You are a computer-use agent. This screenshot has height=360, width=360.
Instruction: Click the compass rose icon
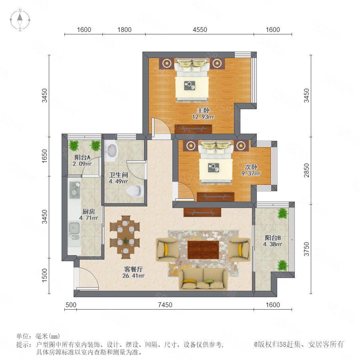[x=20, y=20]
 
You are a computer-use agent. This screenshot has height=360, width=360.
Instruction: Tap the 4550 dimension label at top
[x=200, y=30]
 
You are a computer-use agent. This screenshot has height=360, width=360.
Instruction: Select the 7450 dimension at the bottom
[x=165, y=305]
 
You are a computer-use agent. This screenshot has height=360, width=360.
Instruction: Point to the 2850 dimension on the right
[x=307, y=170]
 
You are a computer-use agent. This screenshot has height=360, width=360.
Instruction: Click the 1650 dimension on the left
[x=44, y=156]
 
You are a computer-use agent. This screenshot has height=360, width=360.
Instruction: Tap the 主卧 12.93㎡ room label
[x=203, y=114]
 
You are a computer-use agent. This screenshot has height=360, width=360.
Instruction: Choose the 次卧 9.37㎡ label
[x=251, y=170]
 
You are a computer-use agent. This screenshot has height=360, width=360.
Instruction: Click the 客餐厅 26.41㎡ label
[x=133, y=272]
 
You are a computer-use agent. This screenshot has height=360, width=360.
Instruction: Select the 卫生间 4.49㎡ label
[x=118, y=178]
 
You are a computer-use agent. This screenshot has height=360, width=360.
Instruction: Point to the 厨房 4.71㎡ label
[x=89, y=214]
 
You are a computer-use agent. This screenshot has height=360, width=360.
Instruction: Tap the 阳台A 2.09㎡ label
[x=82, y=160]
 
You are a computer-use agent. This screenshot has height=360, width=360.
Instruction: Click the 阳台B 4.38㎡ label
[x=272, y=241]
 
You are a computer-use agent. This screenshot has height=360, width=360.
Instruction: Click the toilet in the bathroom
[x=135, y=190]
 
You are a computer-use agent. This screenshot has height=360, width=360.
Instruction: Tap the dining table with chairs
[x=125, y=237]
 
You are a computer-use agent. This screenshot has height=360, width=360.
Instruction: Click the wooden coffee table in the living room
[x=203, y=250]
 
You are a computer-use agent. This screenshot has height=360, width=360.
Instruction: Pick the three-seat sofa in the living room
[x=204, y=278]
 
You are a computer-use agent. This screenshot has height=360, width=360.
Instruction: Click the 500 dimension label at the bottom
[x=71, y=305]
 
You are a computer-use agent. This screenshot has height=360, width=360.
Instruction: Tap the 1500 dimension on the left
[x=44, y=275]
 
